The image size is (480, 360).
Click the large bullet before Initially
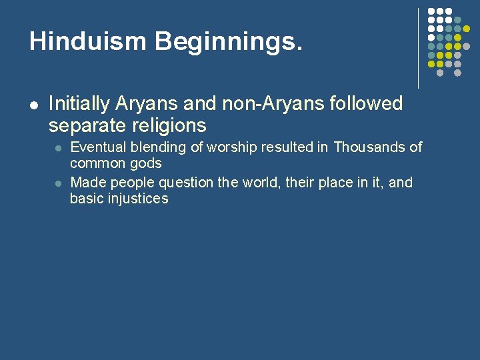point(33,105)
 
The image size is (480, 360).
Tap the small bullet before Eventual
point(58,148)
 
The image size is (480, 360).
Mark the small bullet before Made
point(58,183)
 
